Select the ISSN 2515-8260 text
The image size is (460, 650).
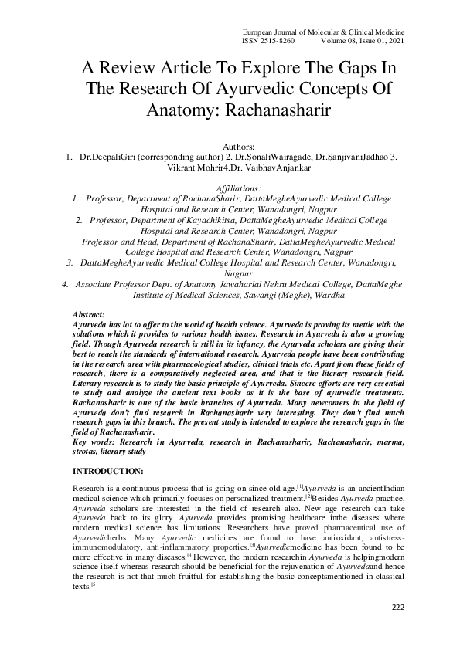[x=268, y=41]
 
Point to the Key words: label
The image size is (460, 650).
[x=92, y=441]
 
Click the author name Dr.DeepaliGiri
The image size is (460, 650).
[x=111, y=157]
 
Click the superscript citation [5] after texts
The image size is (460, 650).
[x=94, y=584]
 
